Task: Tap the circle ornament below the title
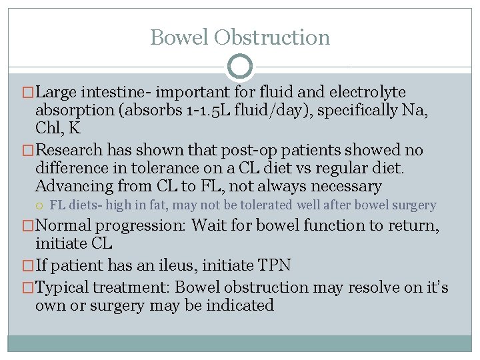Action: (240, 67)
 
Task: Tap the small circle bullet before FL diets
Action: (41, 205)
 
